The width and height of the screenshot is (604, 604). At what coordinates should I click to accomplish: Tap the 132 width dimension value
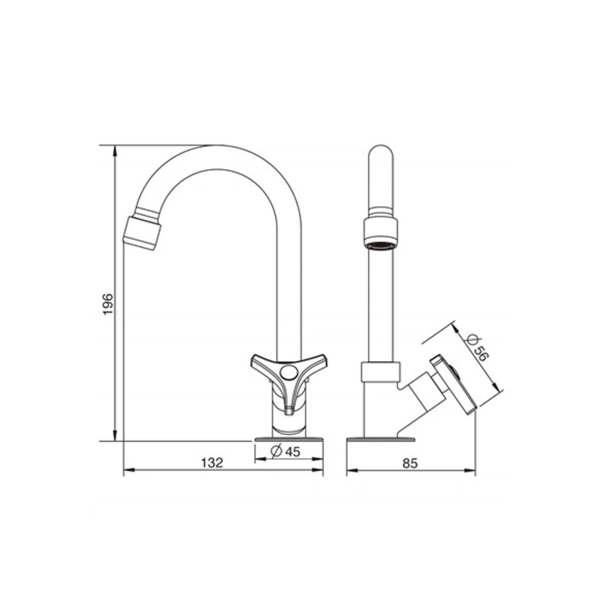(x=212, y=462)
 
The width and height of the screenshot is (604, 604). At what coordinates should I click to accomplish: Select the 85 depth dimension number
(x=410, y=462)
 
